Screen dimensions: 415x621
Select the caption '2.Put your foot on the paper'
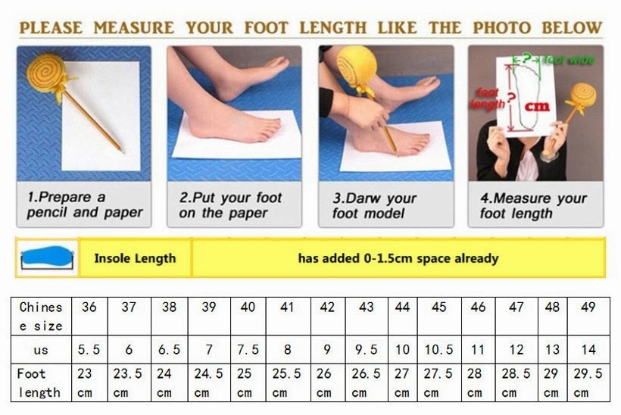[230, 205]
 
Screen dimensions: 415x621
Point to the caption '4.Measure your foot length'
[533, 206]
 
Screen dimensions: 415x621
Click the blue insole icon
[46, 258]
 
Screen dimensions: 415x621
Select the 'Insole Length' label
[135, 258]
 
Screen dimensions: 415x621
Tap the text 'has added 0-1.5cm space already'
[398, 258]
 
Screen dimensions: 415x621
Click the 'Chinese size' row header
[41, 317]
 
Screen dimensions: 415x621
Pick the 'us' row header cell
[41, 350]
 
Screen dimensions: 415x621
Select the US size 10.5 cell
[438, 350]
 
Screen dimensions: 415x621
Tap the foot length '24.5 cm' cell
[208, 382]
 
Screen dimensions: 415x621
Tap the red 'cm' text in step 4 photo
[537, 106]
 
